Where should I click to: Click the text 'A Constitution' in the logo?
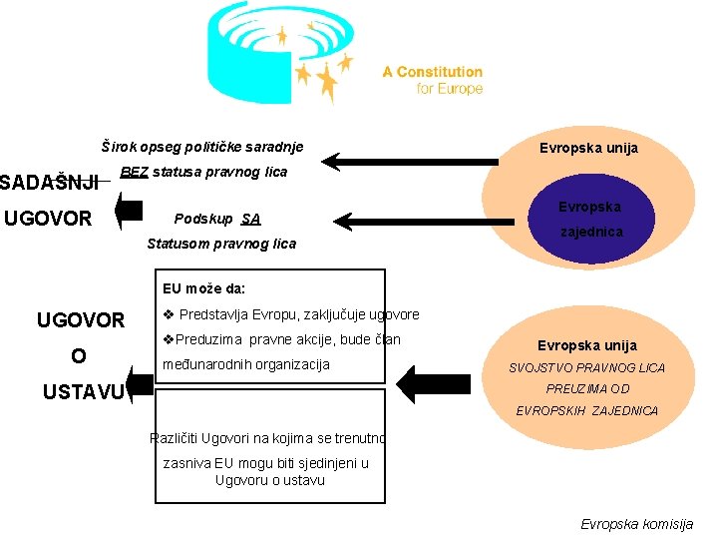click(432, 72)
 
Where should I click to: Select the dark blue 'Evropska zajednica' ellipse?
click(588, 219)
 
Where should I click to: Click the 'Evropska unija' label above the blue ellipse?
click(588, 149)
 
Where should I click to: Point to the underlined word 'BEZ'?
click(134, 172)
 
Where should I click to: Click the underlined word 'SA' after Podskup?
click(250, 219)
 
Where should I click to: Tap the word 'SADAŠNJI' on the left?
click(49, 182)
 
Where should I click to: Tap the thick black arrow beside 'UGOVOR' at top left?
click(129, 211)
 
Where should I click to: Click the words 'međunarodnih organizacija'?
click(245, 364)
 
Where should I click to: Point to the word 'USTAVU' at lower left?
click(82, 391)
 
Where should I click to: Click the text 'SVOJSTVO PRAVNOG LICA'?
click(586, 368)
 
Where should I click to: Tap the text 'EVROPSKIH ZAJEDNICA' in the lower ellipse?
click(586, 410)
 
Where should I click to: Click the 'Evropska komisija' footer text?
click(636, 524)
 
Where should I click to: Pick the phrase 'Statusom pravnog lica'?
click(221, 244)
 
